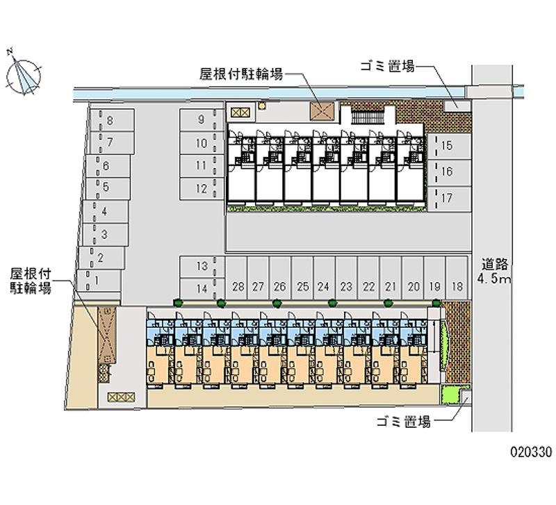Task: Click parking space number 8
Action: pos(112,120)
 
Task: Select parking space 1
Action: pos(99,281)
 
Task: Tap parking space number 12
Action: pos(202,188)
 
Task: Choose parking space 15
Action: pos(449,146)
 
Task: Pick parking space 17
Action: pos(449,199)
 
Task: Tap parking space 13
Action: pos(202,267)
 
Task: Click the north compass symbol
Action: pos(24,76)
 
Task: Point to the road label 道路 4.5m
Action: pos(494,271)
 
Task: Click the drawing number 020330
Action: pos(531,452)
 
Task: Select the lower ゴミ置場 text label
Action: pos(404,422)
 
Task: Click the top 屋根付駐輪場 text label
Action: pos(241,74)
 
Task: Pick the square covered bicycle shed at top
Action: pos(322,112)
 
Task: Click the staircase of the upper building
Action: pos(368,117)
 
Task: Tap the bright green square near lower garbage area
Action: pos(450,395)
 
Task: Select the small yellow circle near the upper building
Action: pos(262,106)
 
